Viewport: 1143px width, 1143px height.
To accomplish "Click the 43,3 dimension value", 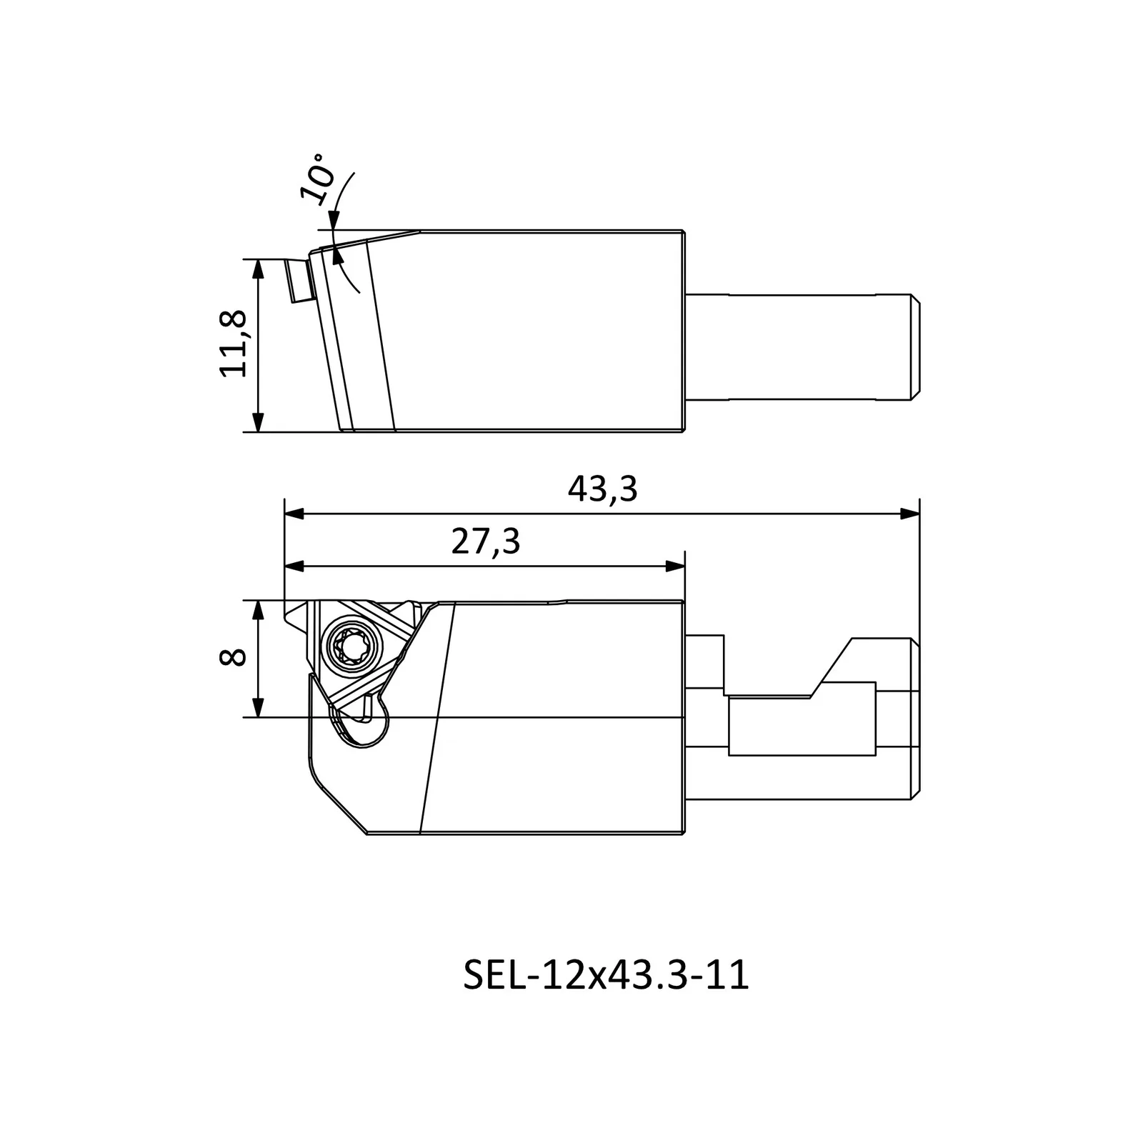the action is [602, 490].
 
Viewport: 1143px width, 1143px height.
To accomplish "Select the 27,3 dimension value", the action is [486, 542].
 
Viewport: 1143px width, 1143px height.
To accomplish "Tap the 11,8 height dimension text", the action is [234, 344].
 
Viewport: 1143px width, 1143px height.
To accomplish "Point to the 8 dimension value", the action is [234, 657].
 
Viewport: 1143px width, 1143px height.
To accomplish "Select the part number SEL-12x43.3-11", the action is [607, 975].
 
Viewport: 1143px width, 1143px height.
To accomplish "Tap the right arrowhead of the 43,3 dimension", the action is [910, 514].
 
